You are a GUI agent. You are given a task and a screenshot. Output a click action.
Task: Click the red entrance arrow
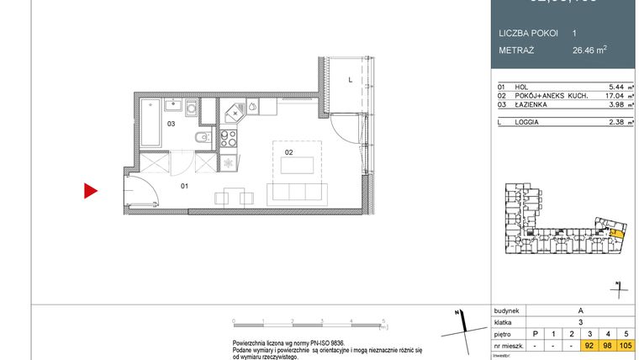click(x=90, y=192)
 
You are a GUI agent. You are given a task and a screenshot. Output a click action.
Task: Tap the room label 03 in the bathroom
click(x=170, y=124)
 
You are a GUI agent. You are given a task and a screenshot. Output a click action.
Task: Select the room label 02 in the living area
click(x=288, y=153)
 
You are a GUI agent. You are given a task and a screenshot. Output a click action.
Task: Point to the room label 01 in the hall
click(x=184, y=185)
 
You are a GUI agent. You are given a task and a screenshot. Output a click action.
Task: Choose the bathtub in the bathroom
click(x=151, y=123)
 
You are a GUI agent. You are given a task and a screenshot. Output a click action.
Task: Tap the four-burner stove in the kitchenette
click(x=229, y=138)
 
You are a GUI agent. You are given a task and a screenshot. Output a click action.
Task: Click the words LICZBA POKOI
click(x=528, y=33)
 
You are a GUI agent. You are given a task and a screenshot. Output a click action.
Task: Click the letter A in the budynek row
click(x=579, y=310)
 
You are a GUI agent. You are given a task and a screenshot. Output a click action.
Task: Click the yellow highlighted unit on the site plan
click(x=615, y=232)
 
